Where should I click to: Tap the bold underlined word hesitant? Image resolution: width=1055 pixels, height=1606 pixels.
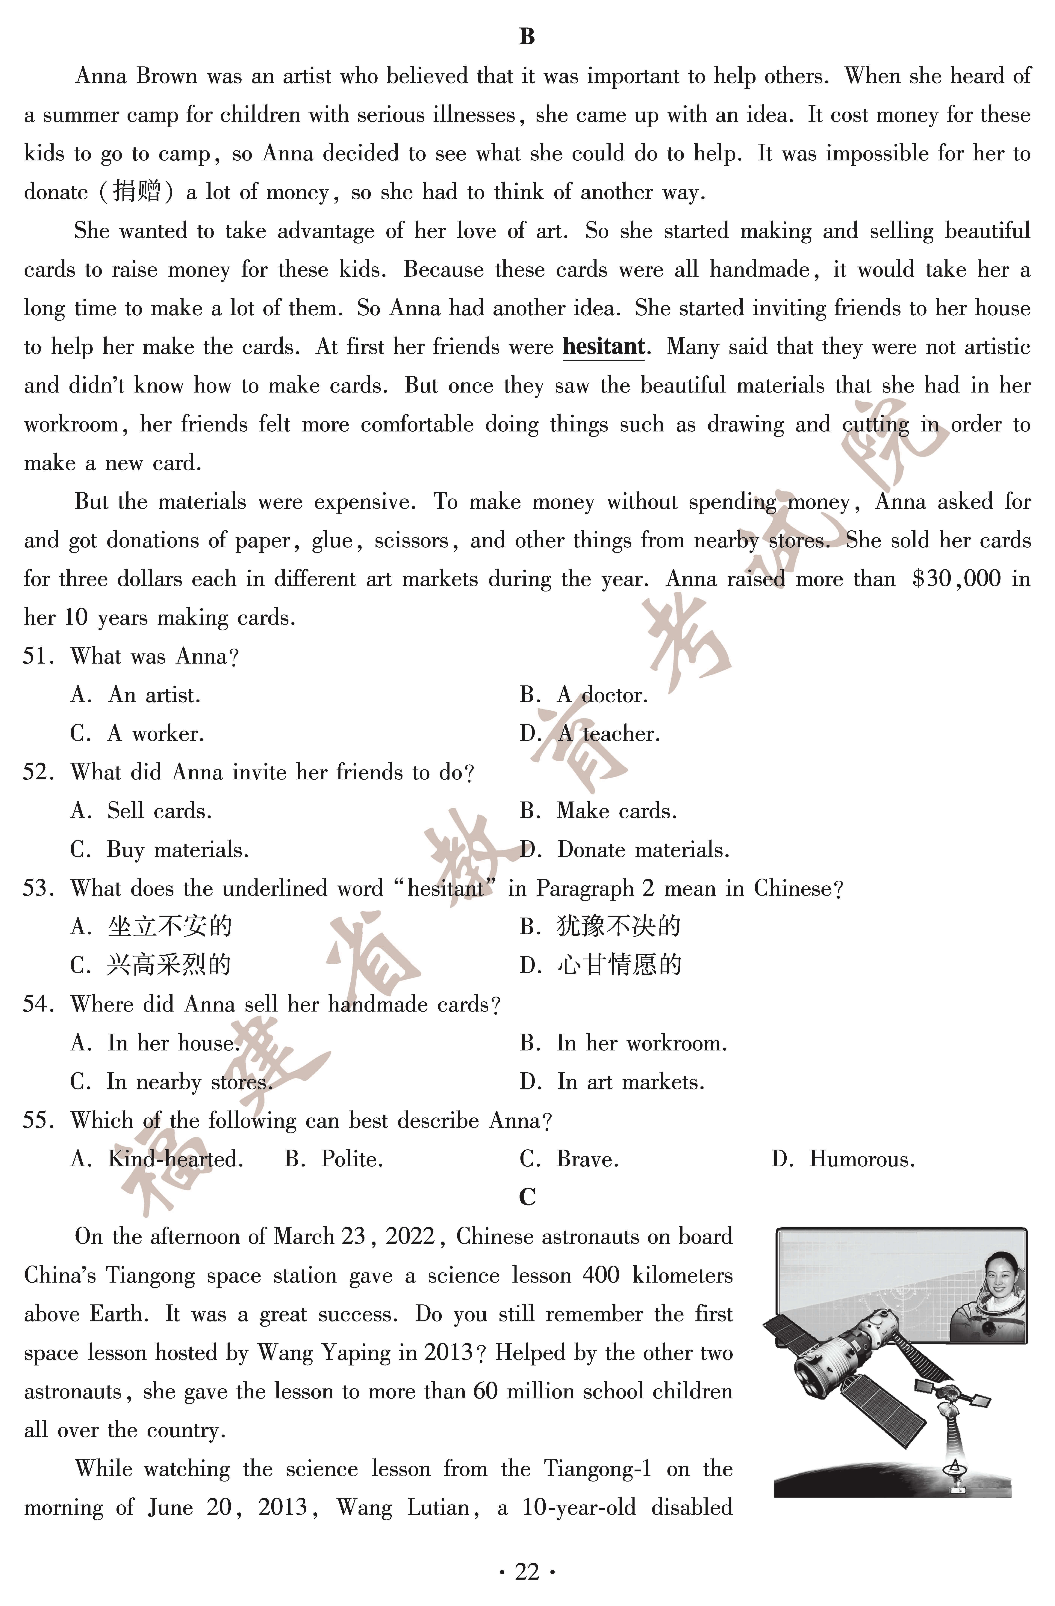(603, 347)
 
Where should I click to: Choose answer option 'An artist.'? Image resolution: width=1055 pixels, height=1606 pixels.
(154, 695)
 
